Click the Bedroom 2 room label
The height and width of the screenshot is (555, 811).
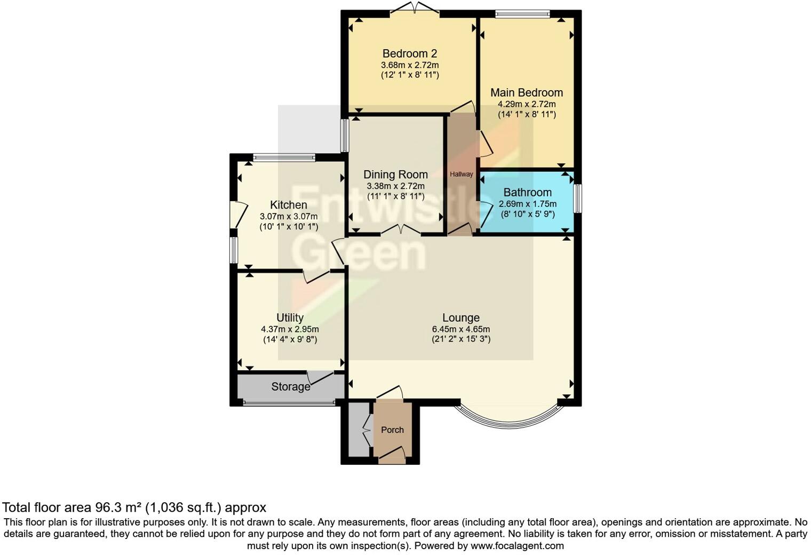tap(409, 53)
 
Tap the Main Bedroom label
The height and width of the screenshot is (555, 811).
tap(527, 92)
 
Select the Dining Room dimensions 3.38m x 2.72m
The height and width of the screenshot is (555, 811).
tap(395, 186)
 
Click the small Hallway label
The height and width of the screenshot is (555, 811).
tap(461, 174)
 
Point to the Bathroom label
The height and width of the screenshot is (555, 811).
tap(527, 192)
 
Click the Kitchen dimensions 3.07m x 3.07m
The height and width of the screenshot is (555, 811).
tap(288, 216)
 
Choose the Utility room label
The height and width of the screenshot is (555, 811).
tap(290, 318)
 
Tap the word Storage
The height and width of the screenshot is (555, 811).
tap(290, 386)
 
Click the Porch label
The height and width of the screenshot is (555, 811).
tap(392, 430)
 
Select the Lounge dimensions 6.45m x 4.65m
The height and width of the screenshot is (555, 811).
tap(460, 329)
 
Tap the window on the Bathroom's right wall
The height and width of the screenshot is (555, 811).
tap(578, 199)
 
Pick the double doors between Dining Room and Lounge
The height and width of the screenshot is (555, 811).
tap(400, 231)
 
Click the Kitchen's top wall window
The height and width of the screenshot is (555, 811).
tap(284, 157)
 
